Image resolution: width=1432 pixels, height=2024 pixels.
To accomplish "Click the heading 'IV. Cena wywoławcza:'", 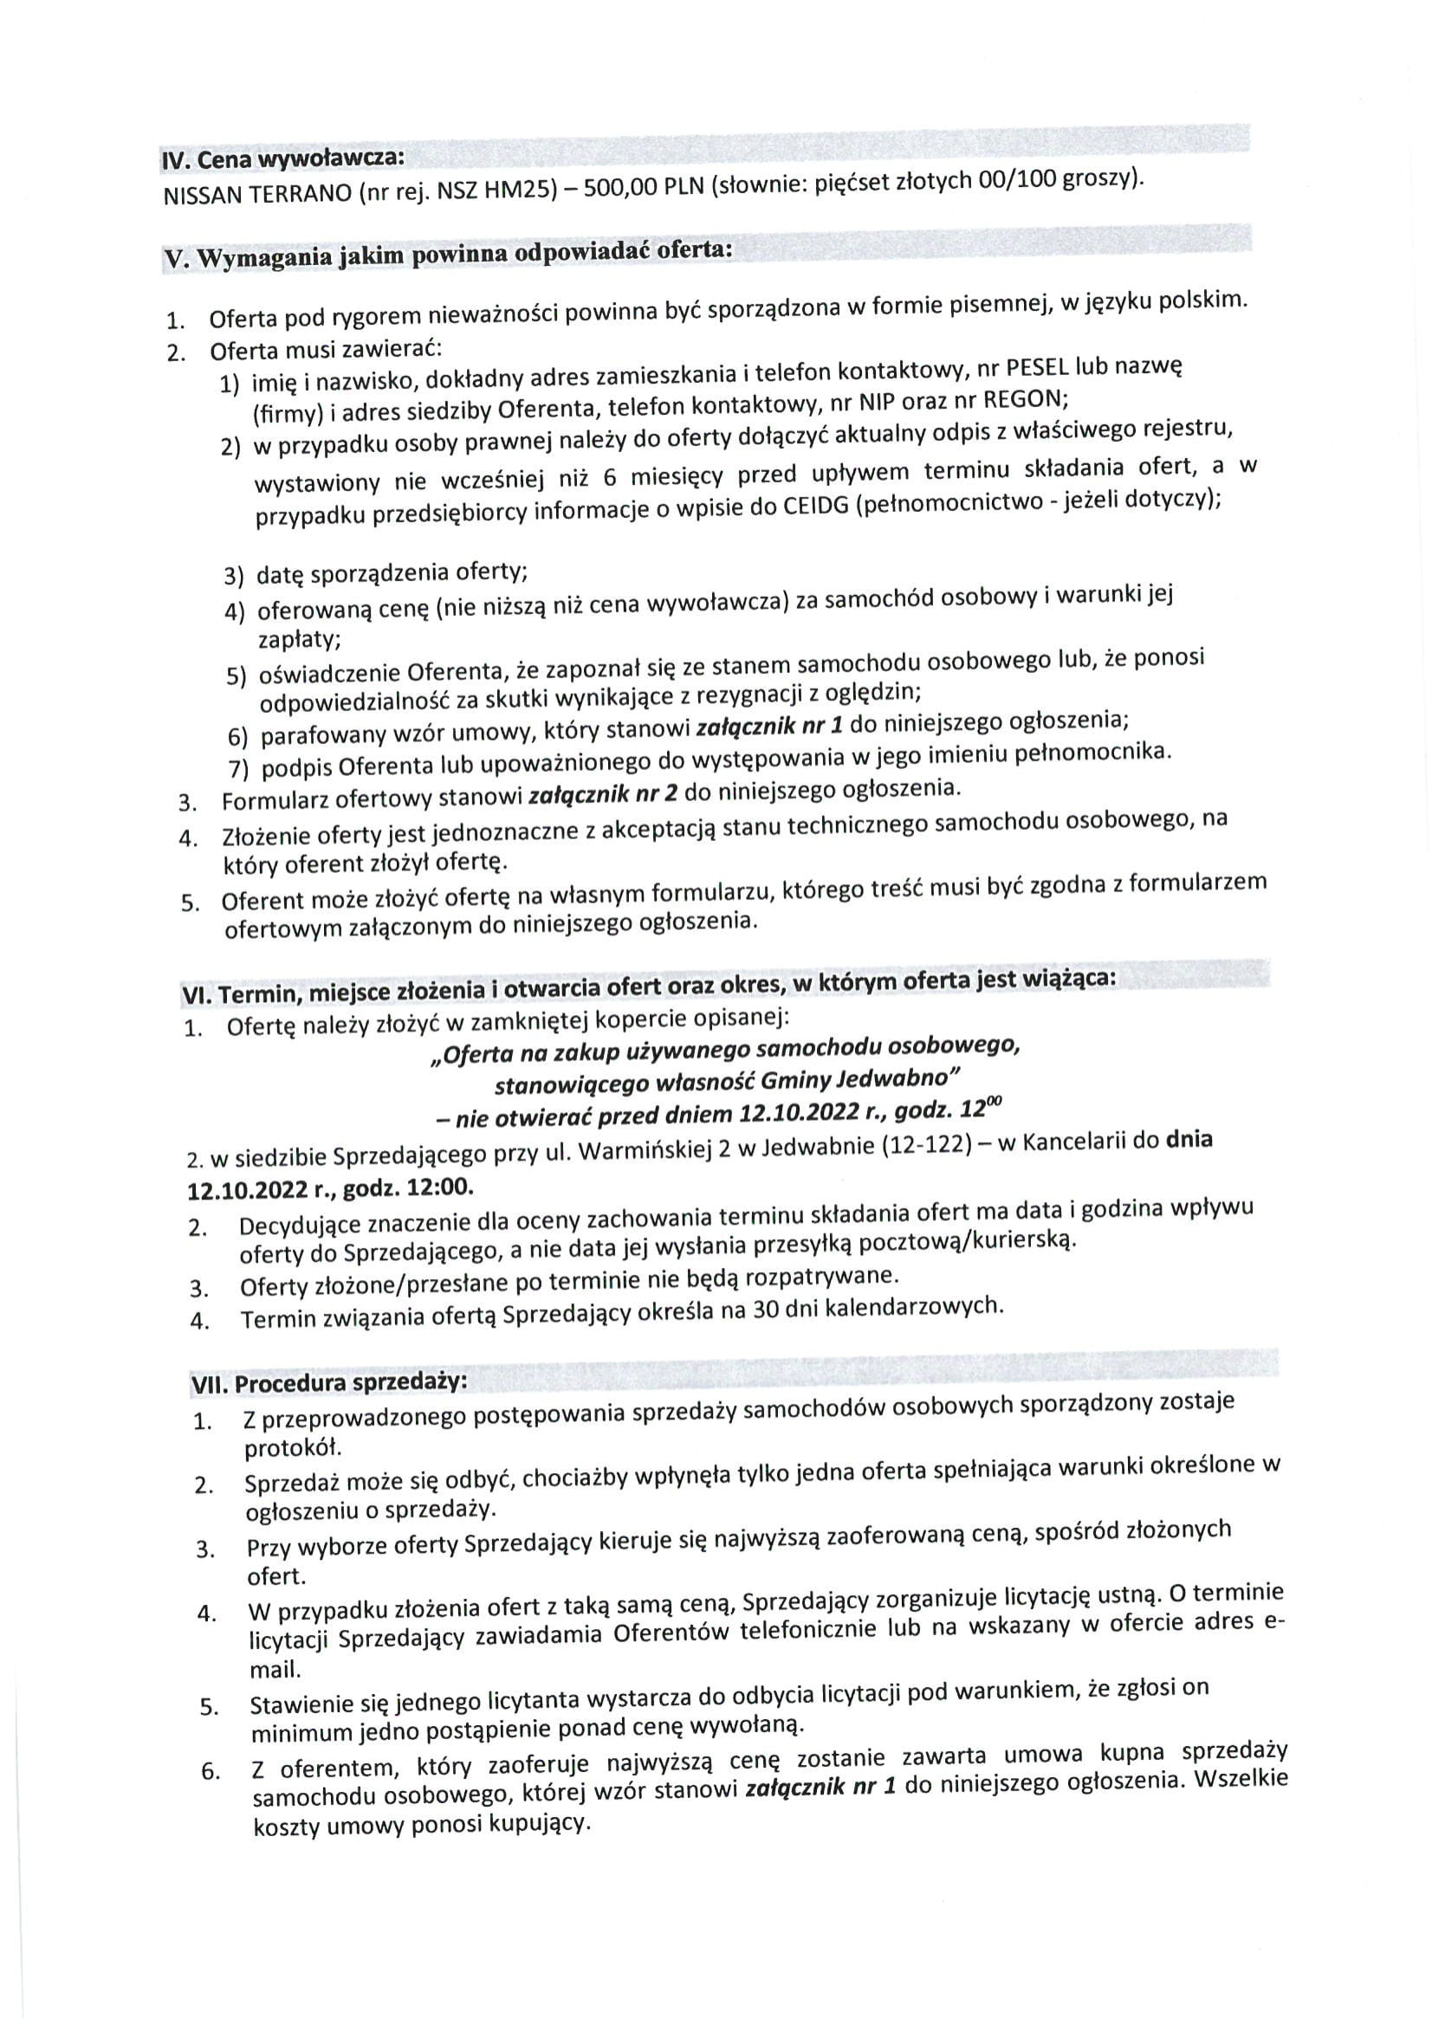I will [283, 159].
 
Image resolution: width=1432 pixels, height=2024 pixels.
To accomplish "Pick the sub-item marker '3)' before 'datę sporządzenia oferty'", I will [233, 577].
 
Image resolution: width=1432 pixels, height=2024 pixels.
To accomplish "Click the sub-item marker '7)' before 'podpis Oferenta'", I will [239, 770].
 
